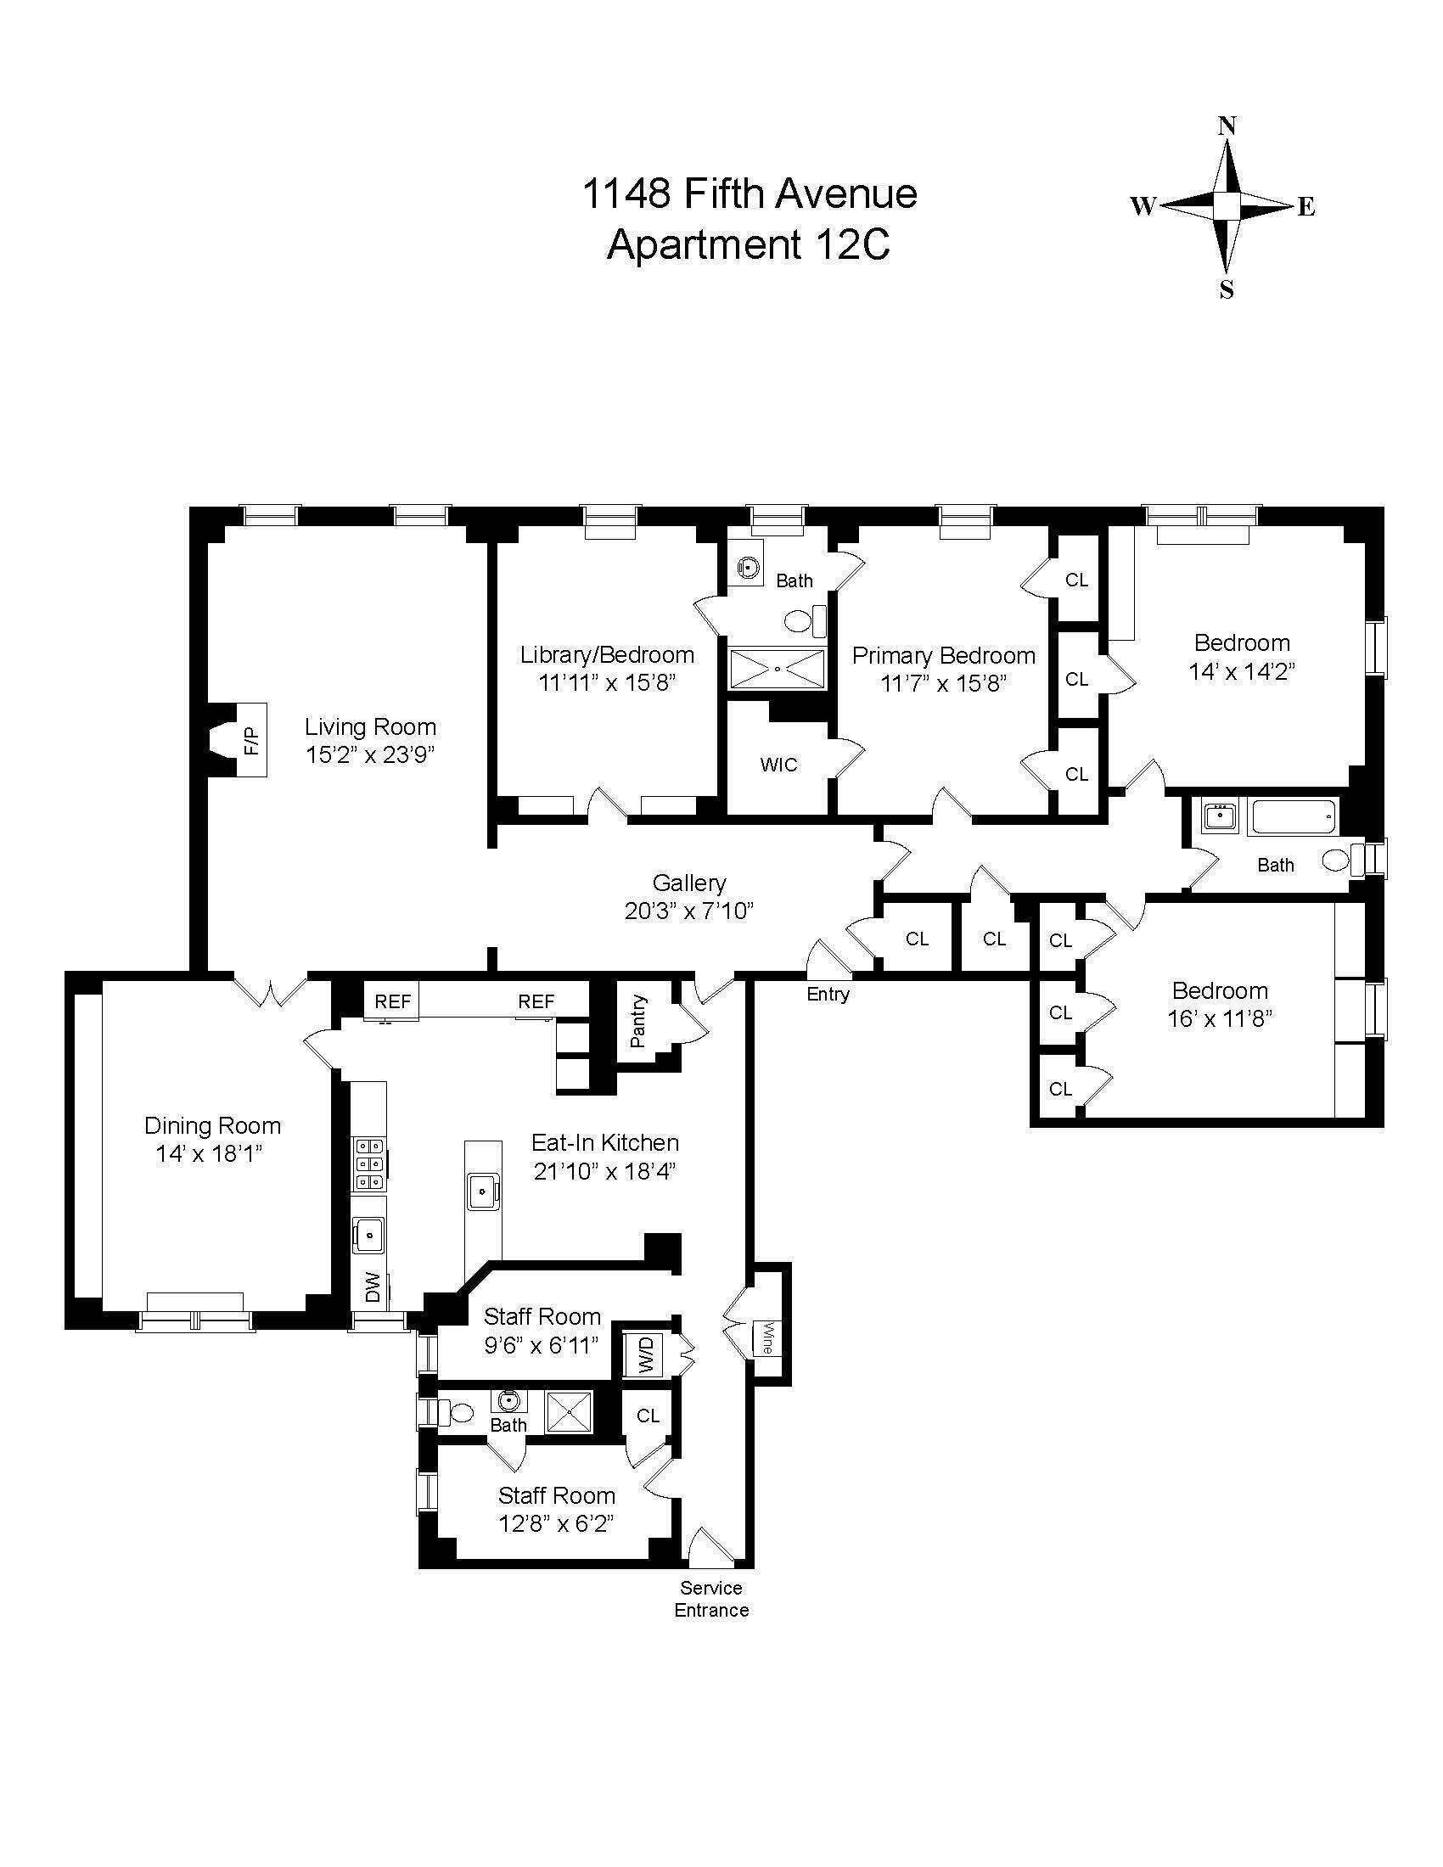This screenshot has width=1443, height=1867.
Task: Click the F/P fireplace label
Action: pyautogui.click(x=251, y=739)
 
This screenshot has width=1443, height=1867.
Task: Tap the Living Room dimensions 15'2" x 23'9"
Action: pyautogui.click(x=370, y=754)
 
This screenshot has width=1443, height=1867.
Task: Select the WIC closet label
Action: pyautogui.click(x=778, y=765)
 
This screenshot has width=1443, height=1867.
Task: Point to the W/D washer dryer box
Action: pyautogui.click(x=646, y=1354)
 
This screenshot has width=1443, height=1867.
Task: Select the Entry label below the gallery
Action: pyautogui.click(x=828, y=994)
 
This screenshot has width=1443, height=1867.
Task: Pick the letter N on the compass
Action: pyautogui.click(x=1227, y=126)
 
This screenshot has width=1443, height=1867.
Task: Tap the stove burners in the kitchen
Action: pyautogui.click(x=369, y=1164)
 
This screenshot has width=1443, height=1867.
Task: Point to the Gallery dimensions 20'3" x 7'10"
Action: pyautogui.click(x=688, y=911)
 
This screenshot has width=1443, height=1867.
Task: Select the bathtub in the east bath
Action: pyautogui.click(x=1294, y=817)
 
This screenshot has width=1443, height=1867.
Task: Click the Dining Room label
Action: pyautogui.click(x=212, y=1126)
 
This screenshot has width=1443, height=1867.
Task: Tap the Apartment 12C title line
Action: pyautogui.click(x=748, y=245)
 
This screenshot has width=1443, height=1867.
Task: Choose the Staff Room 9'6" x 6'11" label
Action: pyautogui.click(x=542, y=1330)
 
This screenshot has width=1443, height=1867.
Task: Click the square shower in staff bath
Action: pyautogui.click(x=570, y=1411)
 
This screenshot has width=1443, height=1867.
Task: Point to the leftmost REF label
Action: pyautogui.click(x=392, y=1001)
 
